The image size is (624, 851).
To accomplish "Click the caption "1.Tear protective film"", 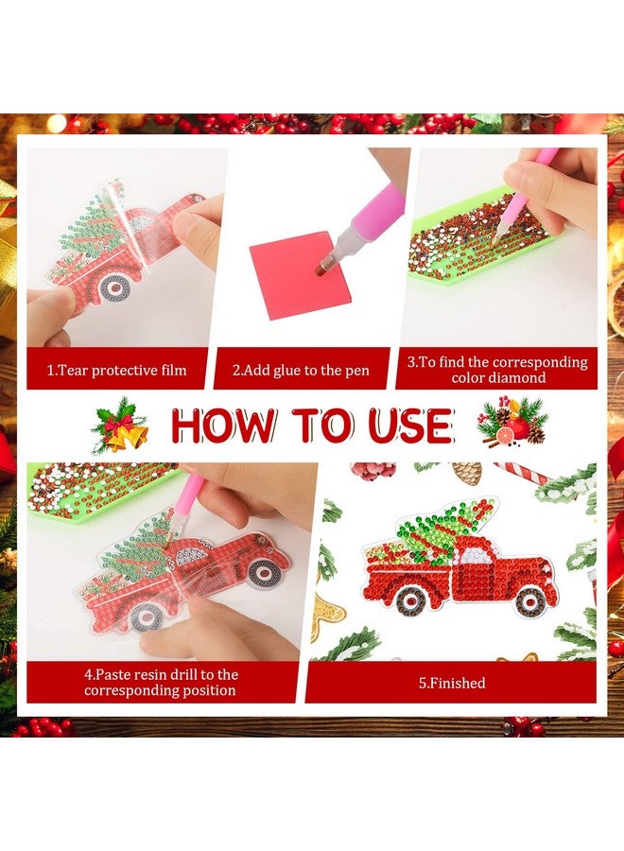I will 116,371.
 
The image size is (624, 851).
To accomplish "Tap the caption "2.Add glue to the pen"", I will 300,371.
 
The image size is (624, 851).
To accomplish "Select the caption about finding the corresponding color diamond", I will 496,370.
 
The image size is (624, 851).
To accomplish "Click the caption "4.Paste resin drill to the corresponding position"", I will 161,682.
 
